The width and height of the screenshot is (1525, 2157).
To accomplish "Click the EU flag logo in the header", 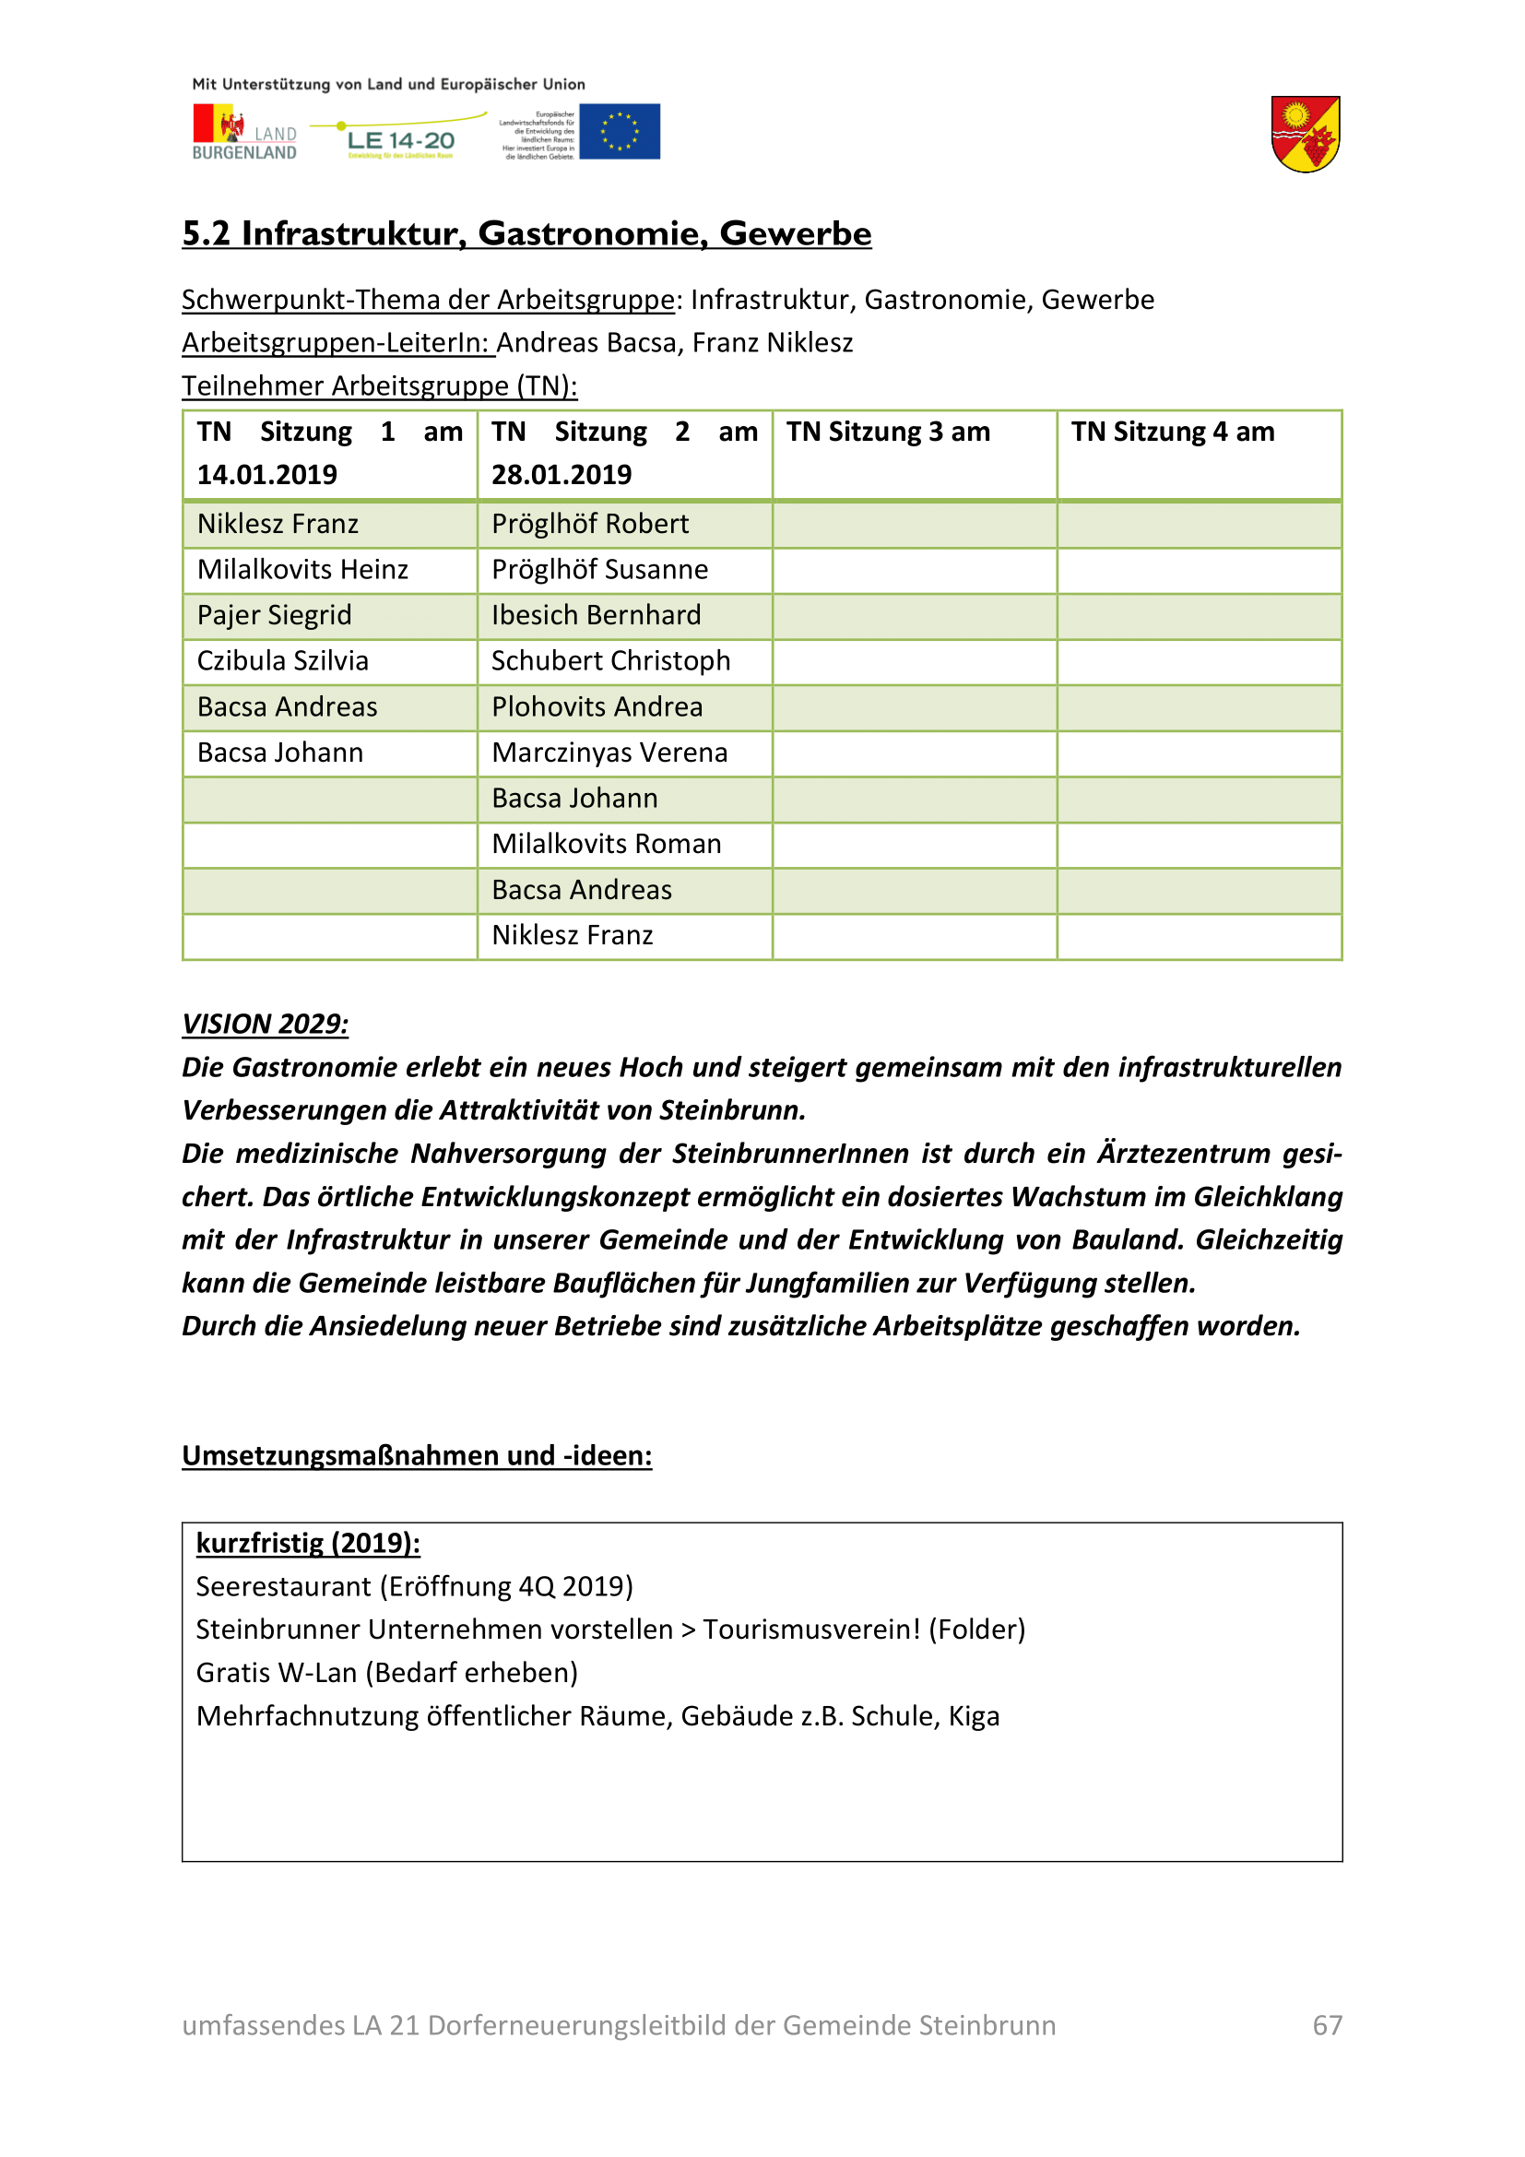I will [x=619, y=132].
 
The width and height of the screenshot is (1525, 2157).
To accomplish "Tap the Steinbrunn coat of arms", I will [x=1306, y=135].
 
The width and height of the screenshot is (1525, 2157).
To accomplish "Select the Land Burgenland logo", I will [x=244, y=133].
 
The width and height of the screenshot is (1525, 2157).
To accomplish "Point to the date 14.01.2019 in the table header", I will [x=266, y=474].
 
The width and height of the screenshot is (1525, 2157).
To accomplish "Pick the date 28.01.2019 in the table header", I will [x=562, y=474].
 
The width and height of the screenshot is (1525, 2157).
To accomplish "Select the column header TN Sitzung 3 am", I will [x=887, y=432].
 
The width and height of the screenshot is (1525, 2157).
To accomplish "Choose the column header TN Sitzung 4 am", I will [x=1173, y=432].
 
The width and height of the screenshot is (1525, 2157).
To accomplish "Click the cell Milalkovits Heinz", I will [x=302, y=569].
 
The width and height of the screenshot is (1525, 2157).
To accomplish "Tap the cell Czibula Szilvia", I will [x=283, y=660].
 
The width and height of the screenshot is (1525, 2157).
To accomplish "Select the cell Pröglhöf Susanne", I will [x=599, y=569].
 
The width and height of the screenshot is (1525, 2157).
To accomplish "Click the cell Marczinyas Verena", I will [x=609, y=753].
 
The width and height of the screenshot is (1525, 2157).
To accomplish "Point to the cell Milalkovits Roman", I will [x=607, y=844].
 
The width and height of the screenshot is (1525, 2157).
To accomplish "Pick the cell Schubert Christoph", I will [x=610, y=660].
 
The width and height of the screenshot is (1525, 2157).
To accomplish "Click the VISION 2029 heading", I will [x=265, y=1024].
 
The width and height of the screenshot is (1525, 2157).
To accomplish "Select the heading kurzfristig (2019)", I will [x=308, y=1543].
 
